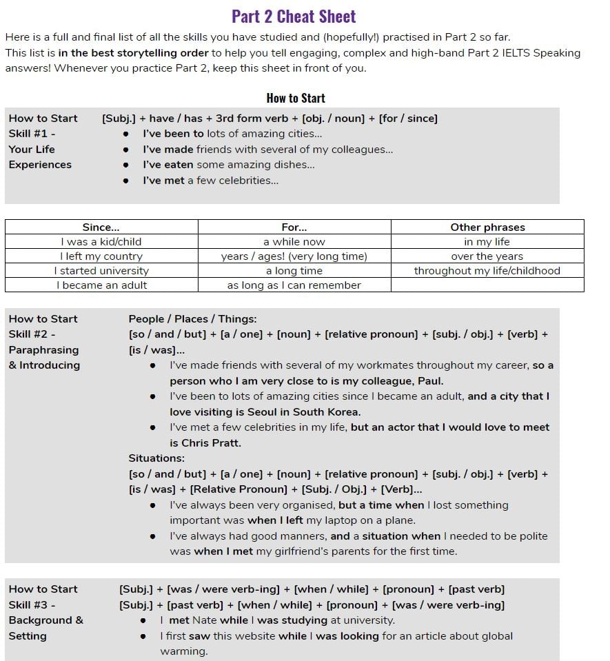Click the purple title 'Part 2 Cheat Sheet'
(294, 16)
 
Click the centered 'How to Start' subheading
(296, 98)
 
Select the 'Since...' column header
(101, 227)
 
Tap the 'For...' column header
(294, 227)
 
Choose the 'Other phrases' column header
(487, 227)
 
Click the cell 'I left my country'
(101, 256)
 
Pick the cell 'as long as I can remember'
(294, 285)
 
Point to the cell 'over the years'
(487, 256)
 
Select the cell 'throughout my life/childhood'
(487, 271)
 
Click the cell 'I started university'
(101, 271)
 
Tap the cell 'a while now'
(294, 242)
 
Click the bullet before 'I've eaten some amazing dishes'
(125, 165)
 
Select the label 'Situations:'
(156, 458)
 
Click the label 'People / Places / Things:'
(192, 318)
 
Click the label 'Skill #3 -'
(32, 604)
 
